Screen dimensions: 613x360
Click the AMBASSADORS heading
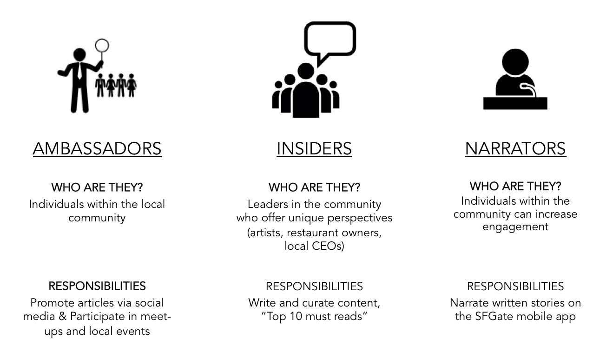(97, 148)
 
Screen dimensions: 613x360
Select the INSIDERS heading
(314, 148)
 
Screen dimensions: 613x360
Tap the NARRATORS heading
(515, 148)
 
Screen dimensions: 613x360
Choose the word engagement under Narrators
(515, 227)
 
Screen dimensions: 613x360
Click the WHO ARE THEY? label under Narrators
(515, 187)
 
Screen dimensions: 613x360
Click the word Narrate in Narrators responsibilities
(469, 303)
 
